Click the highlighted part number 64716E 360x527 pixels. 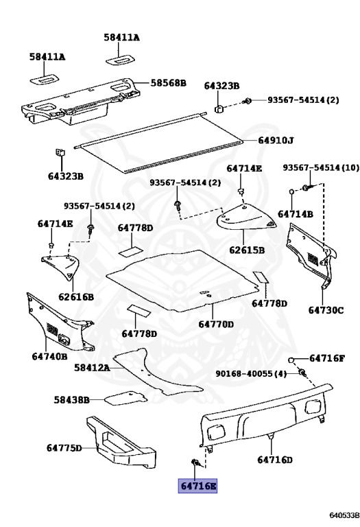[198, 486]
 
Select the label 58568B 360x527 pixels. [169, 83]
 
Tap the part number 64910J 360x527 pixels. [276, 141]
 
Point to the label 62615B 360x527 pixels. [247, 250]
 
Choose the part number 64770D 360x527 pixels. [216, 324]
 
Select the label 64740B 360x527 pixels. [49, 356]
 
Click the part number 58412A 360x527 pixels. [92, 368]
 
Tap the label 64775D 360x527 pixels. [64, 448]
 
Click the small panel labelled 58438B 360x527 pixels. [125, 398]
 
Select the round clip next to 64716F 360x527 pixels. [291, 359]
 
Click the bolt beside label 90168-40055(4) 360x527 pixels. [301, 373]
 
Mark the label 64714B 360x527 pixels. [296, 214]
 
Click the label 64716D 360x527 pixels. [275, 460]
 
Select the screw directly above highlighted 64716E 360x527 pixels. [195, 465]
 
